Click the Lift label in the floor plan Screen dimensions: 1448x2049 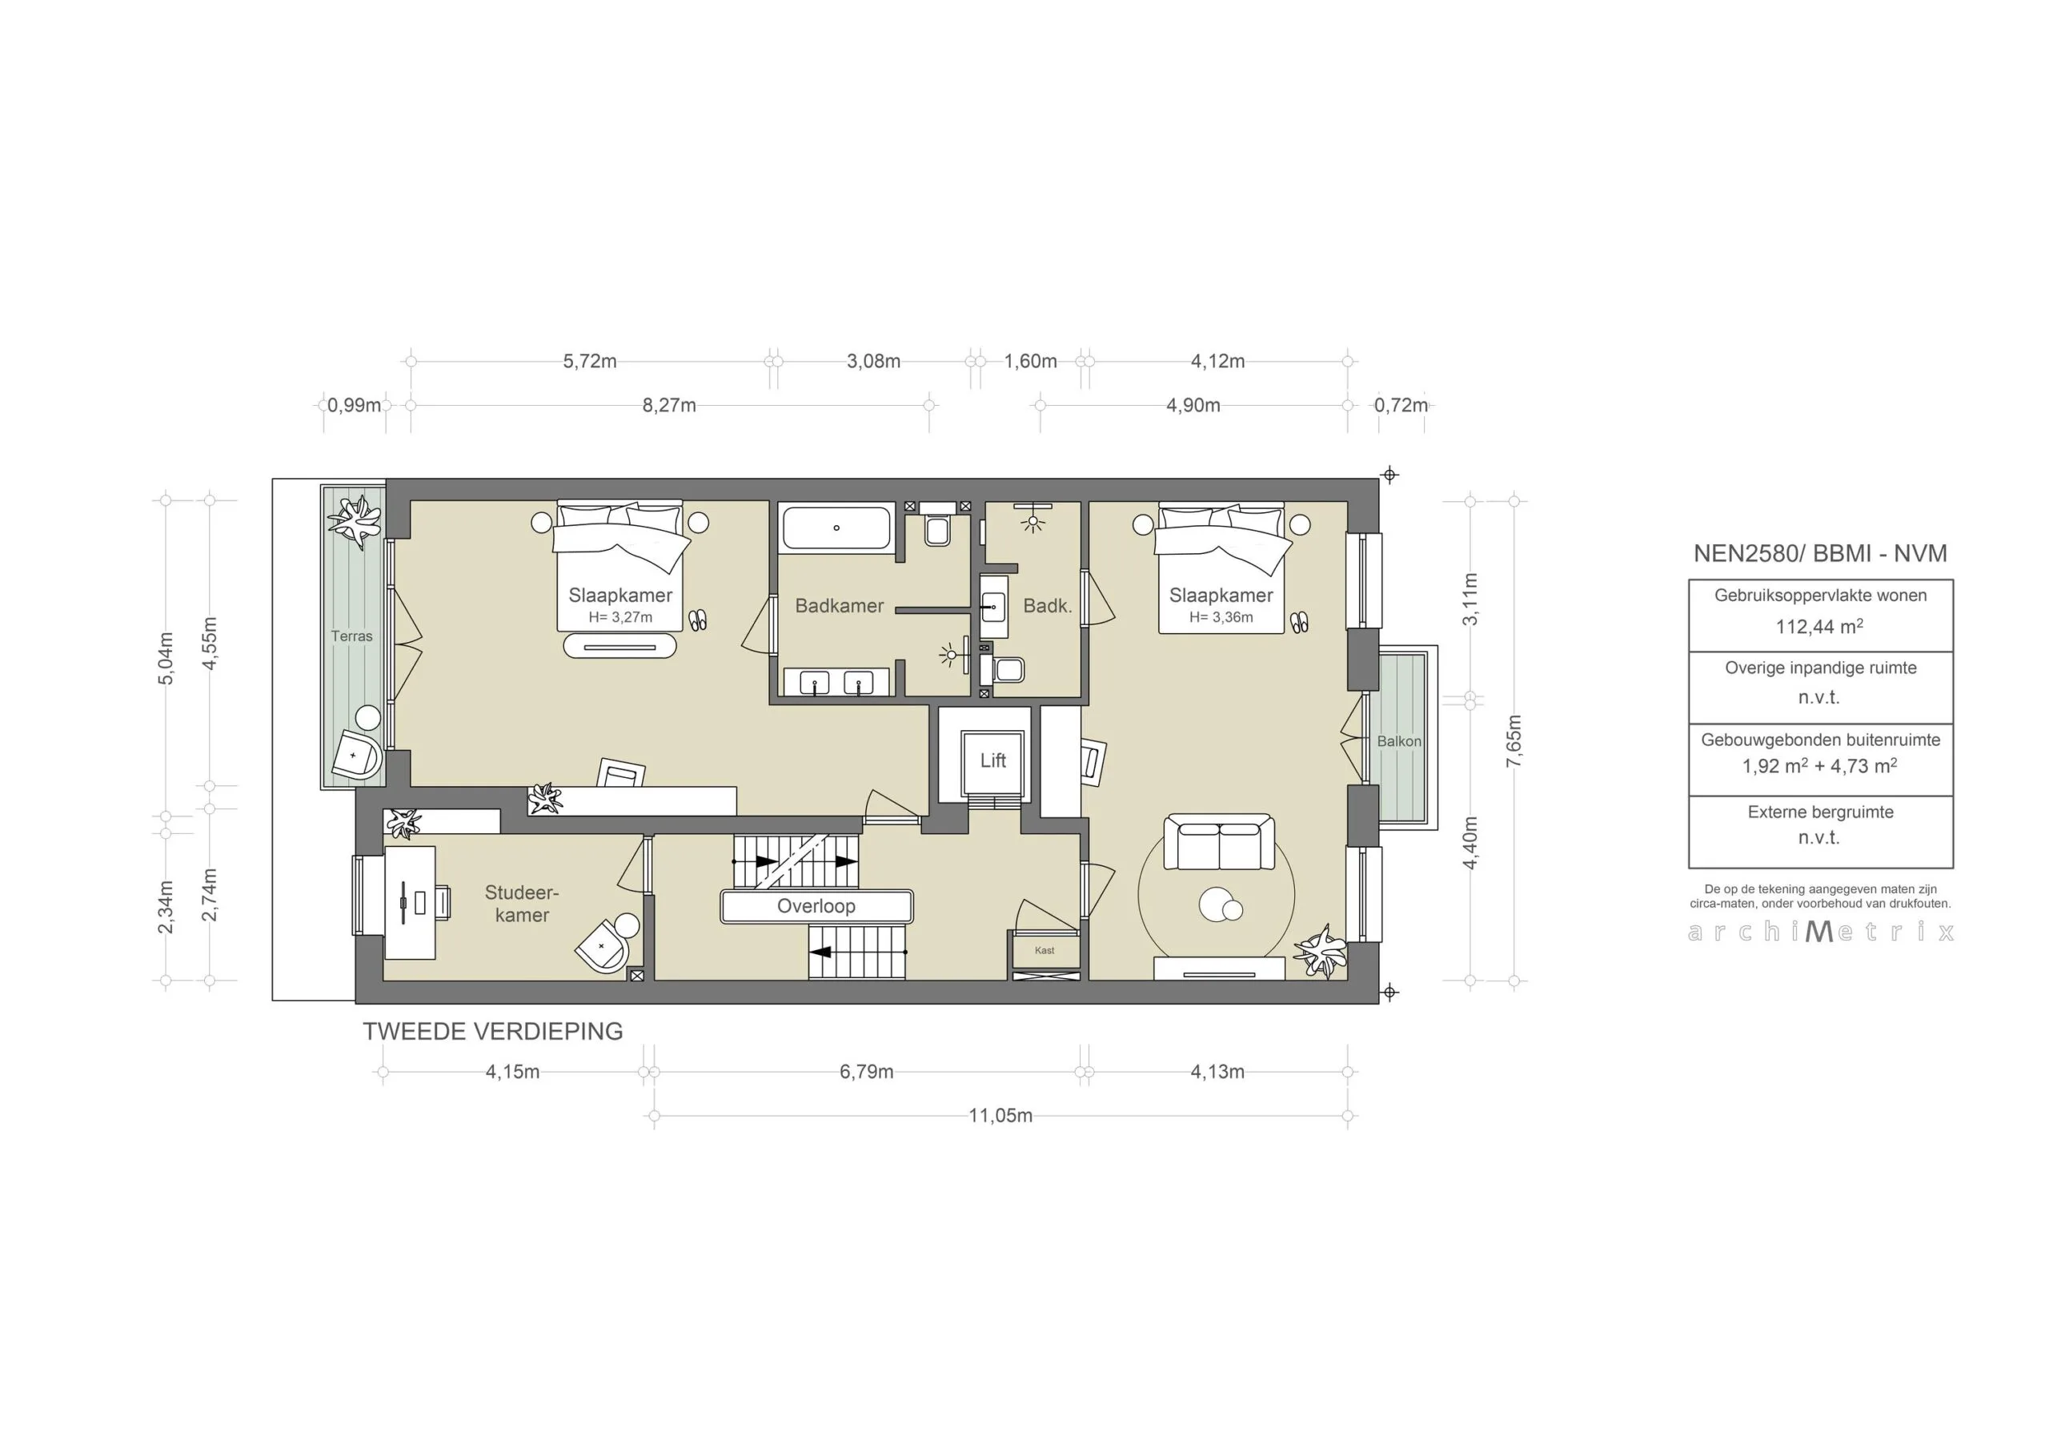(x=992, y=760)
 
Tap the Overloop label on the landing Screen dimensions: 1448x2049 (x=816, y=906)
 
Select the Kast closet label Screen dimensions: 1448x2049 (x=1045, y=950)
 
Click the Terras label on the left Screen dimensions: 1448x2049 (x=351, y=636)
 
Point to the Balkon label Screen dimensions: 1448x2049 (x=1398, y=741)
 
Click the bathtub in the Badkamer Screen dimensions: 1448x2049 (x=836, y=527)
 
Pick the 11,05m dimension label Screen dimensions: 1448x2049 (x=1000, y=1116)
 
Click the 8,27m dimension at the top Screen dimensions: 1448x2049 (x=668, y=405)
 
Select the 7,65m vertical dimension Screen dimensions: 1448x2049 (x=1514, y=741)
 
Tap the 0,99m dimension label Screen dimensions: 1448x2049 (x=354, y=405)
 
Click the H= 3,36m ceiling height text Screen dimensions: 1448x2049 (x=1221, y=617)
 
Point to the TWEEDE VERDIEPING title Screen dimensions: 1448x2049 (x=492, y=1031)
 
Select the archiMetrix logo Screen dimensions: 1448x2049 (x=1821, y=932)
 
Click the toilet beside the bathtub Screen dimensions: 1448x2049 (x=937, y=527)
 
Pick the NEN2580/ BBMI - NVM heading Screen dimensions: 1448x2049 (x=1819, y=553)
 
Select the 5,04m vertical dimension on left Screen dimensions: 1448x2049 (x=166, y=658)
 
